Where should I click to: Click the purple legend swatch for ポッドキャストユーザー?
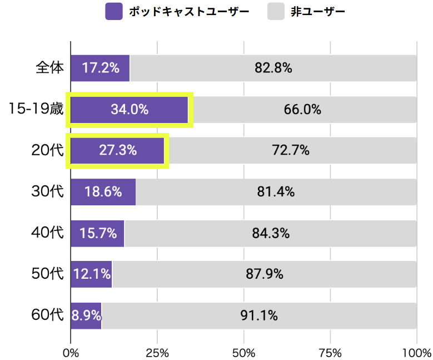113,11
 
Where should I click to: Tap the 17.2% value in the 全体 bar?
101,68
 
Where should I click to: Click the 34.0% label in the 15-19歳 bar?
130,110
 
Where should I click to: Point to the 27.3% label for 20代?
118,150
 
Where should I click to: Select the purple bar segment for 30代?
103,192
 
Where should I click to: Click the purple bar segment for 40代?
97,233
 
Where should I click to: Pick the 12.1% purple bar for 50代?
91,274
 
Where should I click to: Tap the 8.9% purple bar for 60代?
86,315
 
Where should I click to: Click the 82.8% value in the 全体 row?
273,68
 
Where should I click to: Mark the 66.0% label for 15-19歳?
302,110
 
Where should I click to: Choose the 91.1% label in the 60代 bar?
259,315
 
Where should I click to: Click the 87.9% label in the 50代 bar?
265,274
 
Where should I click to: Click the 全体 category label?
49,68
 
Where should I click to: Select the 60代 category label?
48,315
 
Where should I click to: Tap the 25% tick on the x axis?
157,353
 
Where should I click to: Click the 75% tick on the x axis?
331,353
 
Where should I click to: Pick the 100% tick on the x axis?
416,353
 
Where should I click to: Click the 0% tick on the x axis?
71,353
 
